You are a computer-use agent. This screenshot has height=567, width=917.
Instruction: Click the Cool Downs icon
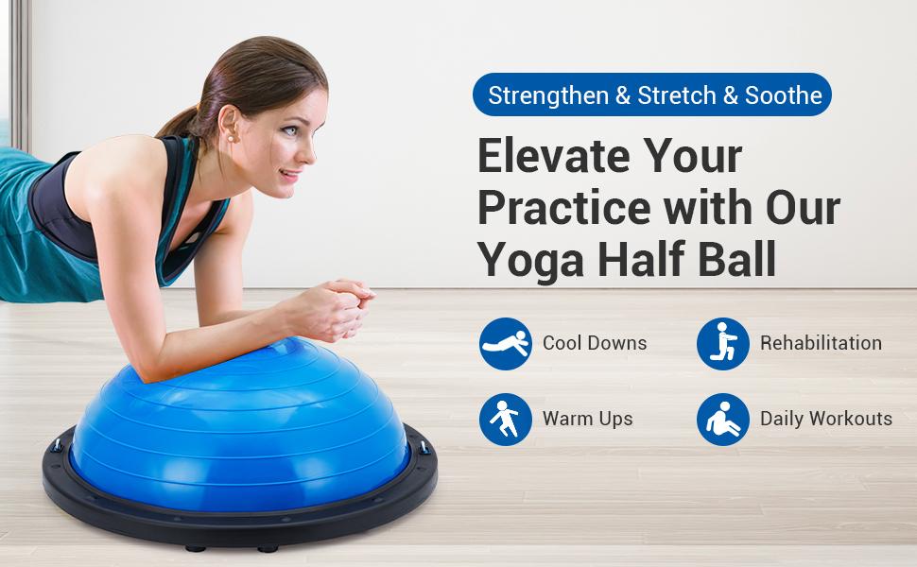tap(506, 343)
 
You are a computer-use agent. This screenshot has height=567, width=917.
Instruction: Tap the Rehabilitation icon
tap(723, 343)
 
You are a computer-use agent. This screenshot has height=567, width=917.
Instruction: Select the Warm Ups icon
tap(506, 419)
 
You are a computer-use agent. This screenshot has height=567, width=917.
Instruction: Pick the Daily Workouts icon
tap(723, 419)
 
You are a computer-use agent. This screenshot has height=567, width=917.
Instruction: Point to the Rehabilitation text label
tap(821, 343)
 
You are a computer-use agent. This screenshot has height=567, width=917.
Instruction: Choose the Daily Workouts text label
tap(826, 419)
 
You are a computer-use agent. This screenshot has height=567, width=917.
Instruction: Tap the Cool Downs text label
tap(595, 343)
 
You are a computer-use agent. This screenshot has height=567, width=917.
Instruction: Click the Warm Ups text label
tap(588, 419)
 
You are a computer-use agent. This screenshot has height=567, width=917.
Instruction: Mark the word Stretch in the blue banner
tap(675, 95)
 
